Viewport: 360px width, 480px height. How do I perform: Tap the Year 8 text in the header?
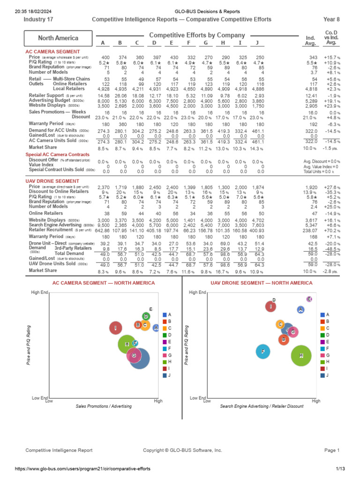[331, 19]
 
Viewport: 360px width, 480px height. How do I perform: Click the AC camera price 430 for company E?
[172, 57]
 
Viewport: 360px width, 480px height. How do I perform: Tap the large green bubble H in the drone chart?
[301, 356]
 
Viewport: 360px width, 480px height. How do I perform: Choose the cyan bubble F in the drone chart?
[263, 351]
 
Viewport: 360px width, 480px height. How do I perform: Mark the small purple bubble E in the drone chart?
[309, 299]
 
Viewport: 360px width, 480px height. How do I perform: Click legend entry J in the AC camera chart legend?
[166, 375]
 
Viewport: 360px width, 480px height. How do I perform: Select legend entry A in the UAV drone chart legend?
[324, 314]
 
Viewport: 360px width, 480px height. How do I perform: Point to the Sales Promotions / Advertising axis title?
[104, 406]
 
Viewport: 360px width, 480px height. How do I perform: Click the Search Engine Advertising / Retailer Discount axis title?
[262, 406]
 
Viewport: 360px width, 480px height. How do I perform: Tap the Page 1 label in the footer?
[332, 450]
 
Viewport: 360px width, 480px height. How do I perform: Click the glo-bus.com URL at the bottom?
[74, 469]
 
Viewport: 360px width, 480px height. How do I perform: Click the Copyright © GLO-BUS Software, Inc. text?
[182, 450]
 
